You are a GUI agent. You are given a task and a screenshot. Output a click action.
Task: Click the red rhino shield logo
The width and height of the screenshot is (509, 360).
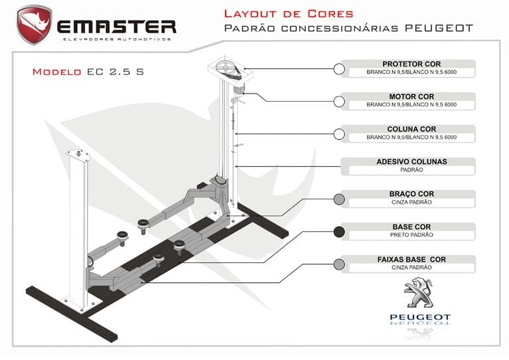[35, 25]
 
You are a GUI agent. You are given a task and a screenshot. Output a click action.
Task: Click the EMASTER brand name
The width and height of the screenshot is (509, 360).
[116, 27]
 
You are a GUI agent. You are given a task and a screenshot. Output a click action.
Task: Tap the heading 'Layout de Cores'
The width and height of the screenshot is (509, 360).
[288, 13]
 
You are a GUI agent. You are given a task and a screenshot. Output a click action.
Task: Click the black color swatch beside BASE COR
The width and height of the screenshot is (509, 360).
[339, 232]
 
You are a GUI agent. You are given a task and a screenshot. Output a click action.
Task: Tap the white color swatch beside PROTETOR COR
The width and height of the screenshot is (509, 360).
[339, 69]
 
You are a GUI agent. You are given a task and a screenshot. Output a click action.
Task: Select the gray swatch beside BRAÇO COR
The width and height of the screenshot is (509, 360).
[339, 199]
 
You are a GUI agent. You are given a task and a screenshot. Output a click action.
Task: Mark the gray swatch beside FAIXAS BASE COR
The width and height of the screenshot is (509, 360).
[339, 264]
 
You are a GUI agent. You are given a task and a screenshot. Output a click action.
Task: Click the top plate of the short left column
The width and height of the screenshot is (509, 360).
[79, 153]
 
